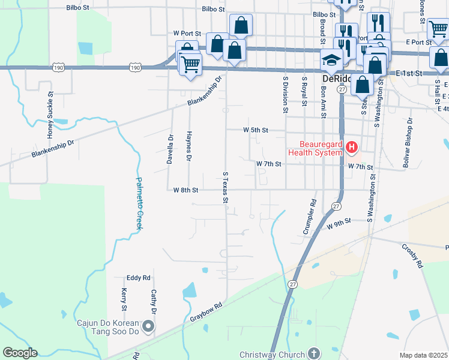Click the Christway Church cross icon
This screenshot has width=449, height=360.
pyautogui.click(x=313, y=354)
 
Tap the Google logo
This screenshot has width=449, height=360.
pyautogui.click(x=20, y=353)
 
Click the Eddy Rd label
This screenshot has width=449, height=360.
pyautogui.click(x=138, y=278)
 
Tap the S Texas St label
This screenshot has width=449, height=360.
pyautogui.click(x=226, y=187)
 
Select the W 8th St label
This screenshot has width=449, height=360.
pyautogui.click(x=185, y=190)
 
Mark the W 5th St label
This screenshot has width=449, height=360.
pyautogui.click(x=255, y=130)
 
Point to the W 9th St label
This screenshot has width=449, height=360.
pyautogui.click(x=339, y=225)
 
